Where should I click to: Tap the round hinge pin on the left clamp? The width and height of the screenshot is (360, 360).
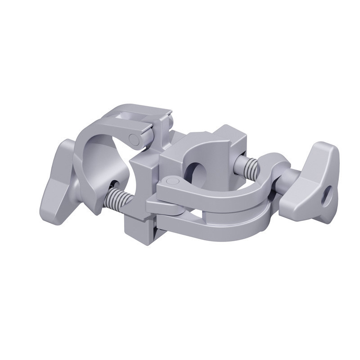coord(134,138)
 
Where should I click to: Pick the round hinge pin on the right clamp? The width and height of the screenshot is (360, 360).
coord(169,181)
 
